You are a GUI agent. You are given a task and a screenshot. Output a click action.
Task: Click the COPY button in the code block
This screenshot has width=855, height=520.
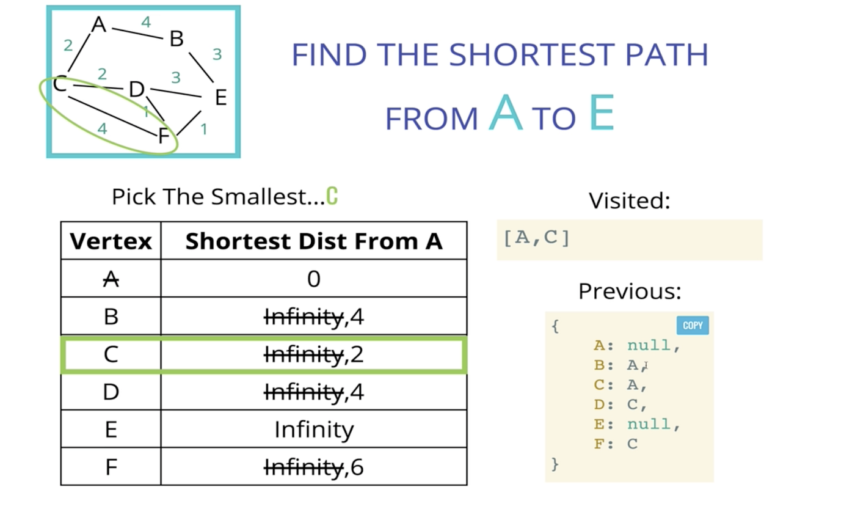pos(693,326)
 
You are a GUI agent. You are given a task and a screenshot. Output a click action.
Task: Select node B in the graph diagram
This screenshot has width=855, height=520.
pos(176,39)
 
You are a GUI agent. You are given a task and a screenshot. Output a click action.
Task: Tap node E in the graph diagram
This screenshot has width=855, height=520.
pos(220,97)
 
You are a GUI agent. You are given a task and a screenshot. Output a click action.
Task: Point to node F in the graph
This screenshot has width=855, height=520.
pos(163,136)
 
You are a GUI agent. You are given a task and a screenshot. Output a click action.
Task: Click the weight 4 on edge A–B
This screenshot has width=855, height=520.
pos(146,23)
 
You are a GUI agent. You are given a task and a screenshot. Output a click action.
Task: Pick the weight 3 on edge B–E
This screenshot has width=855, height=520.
pos(217,54)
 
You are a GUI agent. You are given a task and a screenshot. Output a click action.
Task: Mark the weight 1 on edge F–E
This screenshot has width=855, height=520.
pos(203,129)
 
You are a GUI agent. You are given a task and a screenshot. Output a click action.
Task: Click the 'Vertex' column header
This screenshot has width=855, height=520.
pos(111,241)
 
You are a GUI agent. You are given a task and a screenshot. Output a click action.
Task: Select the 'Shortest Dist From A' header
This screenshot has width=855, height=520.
pos(313,241)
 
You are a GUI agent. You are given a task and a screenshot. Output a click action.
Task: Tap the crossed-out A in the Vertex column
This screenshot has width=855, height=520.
pos(111,279)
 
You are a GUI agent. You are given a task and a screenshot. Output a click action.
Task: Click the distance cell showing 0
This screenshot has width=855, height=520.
pos(313,279)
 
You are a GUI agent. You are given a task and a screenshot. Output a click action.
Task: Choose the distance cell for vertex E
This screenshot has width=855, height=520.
pos(313,430)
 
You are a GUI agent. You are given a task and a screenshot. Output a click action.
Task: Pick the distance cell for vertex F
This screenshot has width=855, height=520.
pos(313,467)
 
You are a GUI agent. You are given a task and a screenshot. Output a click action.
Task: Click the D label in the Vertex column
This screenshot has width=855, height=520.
pos(111,392)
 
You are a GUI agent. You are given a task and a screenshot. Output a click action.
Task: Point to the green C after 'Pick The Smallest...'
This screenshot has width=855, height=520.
pos(332,197)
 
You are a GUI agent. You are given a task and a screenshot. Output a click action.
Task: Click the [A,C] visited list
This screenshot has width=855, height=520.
pos(537,238)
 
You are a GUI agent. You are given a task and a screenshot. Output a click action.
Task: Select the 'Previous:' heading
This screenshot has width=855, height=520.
pos(629,291)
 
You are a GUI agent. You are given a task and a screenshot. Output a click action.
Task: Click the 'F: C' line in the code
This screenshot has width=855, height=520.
pos(616,444)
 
